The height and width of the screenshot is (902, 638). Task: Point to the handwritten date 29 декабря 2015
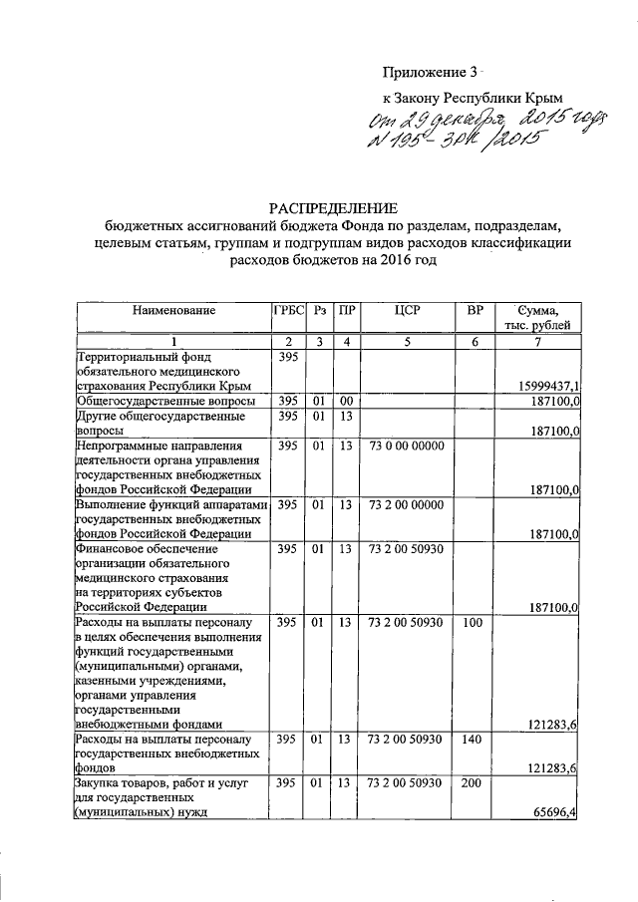[464, 121]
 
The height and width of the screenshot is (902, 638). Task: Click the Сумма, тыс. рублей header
[541, 317]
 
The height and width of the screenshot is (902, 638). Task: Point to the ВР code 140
[474, 740]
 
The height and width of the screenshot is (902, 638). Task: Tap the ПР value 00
[345, 401]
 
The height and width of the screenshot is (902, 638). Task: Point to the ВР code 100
[474, 623]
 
